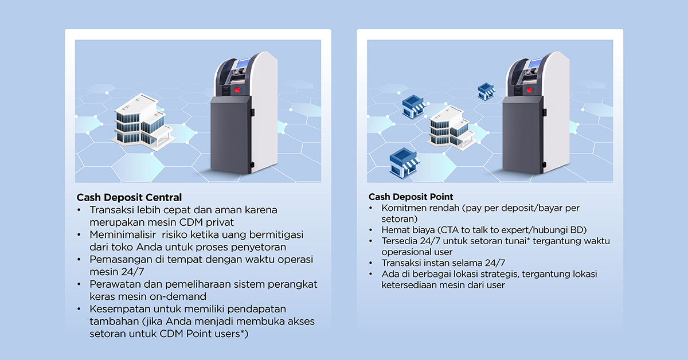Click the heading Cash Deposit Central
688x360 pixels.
[x=129, y=198]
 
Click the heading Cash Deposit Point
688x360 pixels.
[x=411, y=197]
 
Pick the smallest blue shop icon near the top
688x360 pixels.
[x=486, y=90]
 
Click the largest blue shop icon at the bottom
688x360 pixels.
[x=404, y=162]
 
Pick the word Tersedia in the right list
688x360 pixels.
[x=400, y=241]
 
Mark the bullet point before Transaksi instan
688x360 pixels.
[x=372, y=263]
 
